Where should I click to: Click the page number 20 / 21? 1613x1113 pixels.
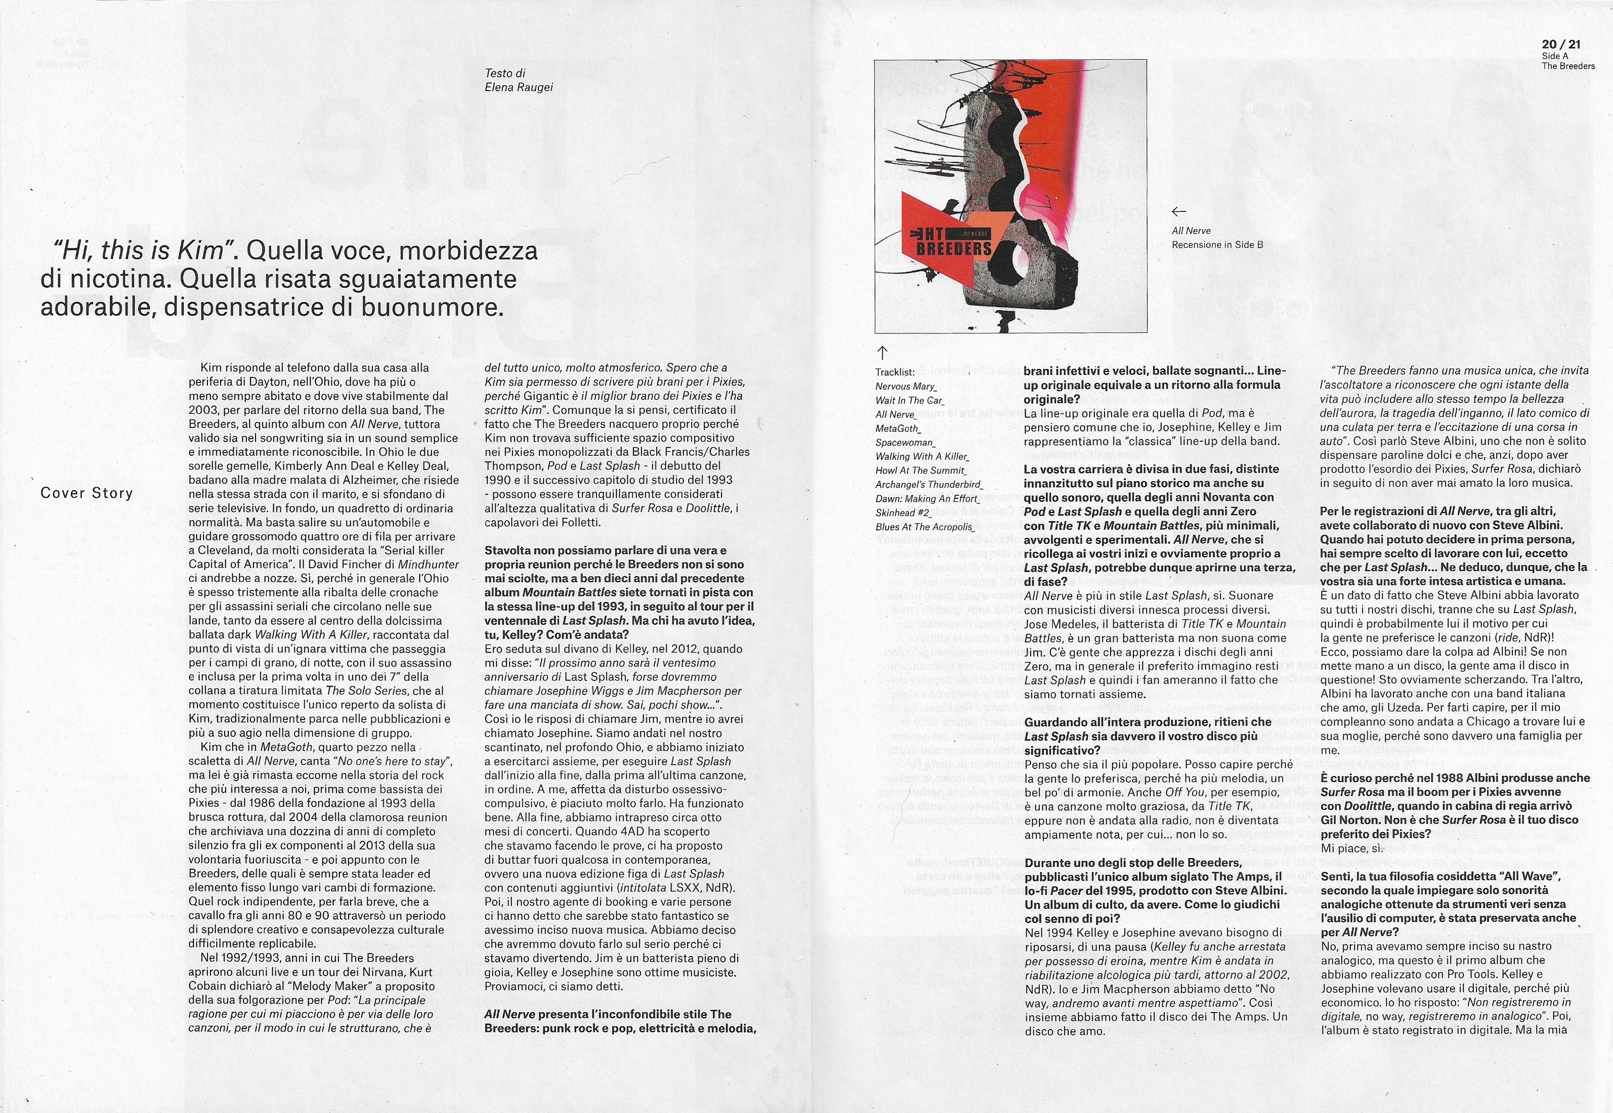[1561, 44]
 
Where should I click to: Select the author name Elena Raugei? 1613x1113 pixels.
[518, 87]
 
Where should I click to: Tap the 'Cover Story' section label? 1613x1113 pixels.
[87, 493]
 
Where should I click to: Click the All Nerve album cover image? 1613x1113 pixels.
[1010, 196]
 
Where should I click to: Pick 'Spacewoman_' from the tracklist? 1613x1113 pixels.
[905, 443]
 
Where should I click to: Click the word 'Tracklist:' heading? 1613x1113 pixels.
[895, 372]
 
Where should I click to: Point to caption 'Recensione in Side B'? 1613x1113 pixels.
[1217, 245]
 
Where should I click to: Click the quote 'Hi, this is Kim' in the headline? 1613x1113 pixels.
[146, 250]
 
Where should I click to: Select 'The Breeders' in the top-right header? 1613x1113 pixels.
[1567, 66]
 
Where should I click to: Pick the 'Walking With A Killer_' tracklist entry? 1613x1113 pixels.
[922, 457]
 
